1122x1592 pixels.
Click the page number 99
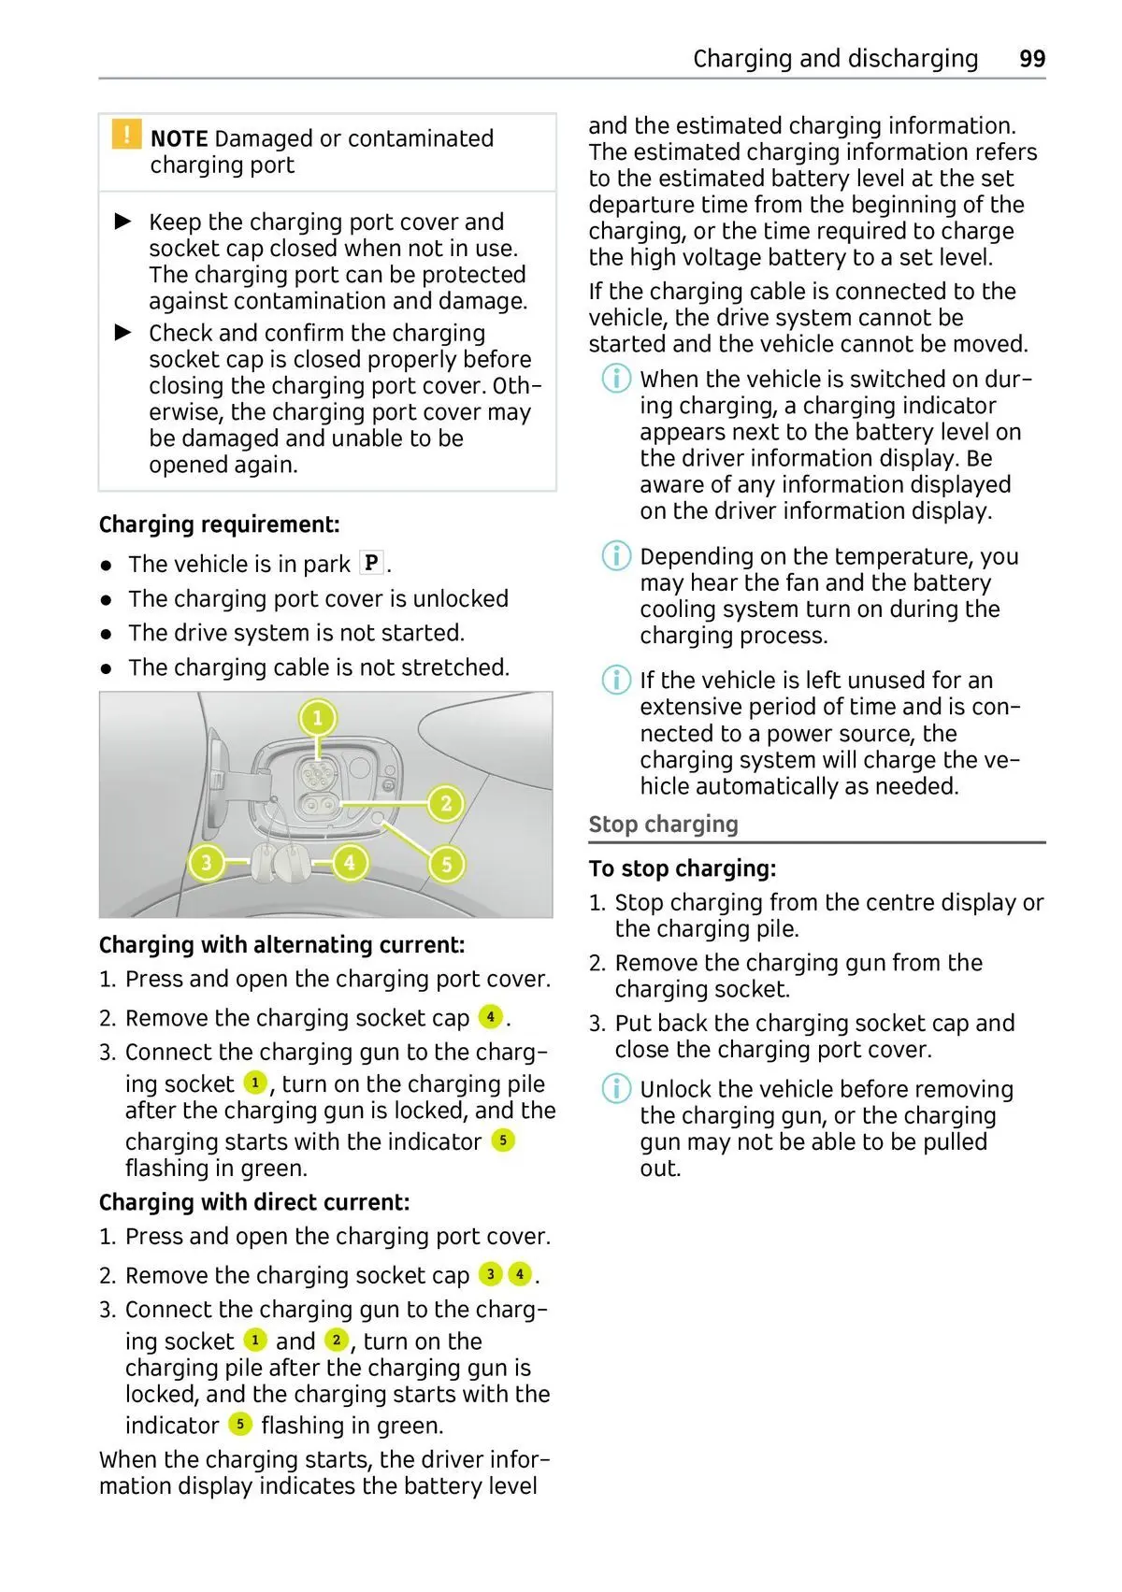click(x=1031, y=59)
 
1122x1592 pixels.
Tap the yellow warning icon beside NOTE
click(x=126, y=135)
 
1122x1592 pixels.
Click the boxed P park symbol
click(x=371, y=563)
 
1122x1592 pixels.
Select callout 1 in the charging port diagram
click(x=317, y=718)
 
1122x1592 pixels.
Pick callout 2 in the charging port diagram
click(x=446, y=803)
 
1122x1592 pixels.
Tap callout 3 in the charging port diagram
click(x=206, y=862)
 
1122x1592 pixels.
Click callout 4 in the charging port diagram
click(x=350, y=862)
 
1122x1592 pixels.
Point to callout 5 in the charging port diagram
click(x=446, y=865)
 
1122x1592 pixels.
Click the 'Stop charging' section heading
click(x=663, y=825)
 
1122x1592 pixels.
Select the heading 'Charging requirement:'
click(x=220, y=524)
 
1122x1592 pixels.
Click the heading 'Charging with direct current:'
click(x=254, y=1202)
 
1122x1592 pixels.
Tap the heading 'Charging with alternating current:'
click(x=281, y=945)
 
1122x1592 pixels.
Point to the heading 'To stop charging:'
click(x=683, y=868)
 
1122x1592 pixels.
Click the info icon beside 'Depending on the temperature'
click(x=615, y=556)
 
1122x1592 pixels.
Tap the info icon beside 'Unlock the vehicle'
click(x=615, y=1089)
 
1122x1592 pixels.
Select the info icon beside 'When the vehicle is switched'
click(x=615, y=379)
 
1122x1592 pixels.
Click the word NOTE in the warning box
click(x=179, y=138)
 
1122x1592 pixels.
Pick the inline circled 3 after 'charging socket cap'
click(x=490, y=1274)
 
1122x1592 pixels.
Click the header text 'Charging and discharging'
click(x=835, y=59)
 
